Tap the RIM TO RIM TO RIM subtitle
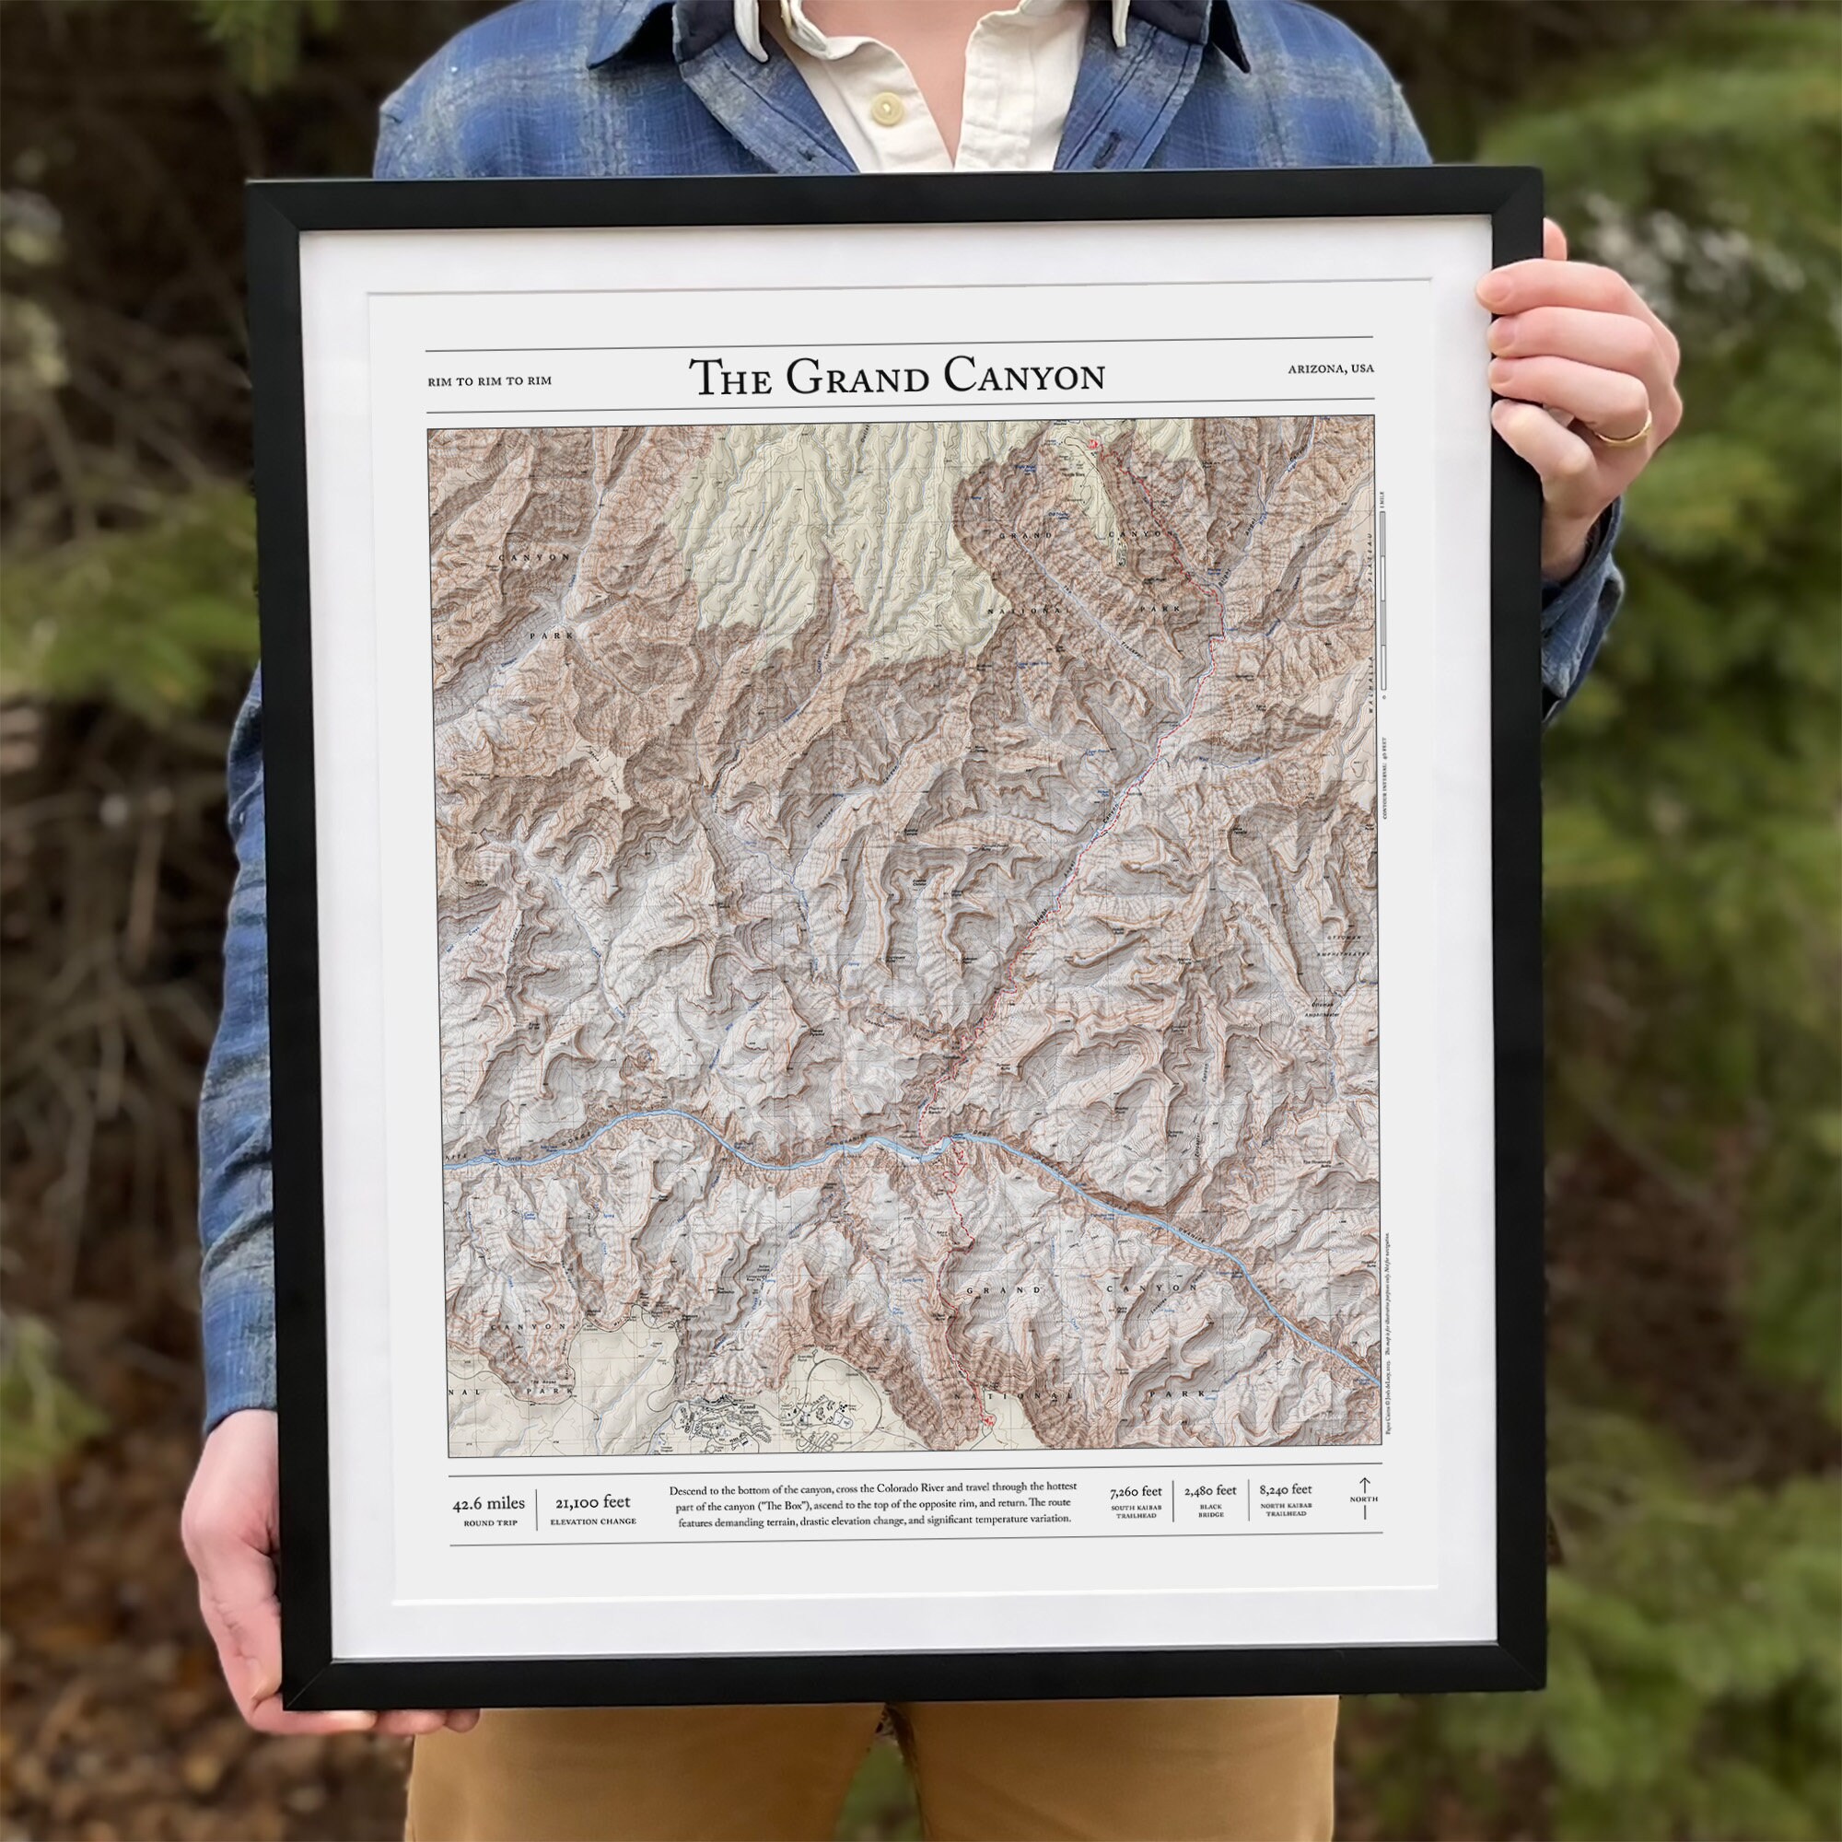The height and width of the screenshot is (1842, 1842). click(490, 381)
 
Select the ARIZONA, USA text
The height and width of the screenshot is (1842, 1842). click(1330, 369)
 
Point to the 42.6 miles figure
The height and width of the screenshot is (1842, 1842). click(488, 1504)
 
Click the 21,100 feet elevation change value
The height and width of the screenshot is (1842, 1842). click(592, 1502)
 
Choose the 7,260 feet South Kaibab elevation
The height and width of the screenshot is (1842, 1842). click(1136, 1491)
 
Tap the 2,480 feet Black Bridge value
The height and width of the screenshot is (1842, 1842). click(1210, 1491)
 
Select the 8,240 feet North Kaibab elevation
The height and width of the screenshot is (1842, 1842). click(1284, 1489)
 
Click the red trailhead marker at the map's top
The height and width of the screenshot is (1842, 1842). click(1095, 445)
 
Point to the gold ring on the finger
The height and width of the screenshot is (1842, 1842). click(1623, 436)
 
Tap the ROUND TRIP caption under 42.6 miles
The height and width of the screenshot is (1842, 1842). click(490, 1523)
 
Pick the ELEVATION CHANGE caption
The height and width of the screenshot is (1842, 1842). click(593, 1521)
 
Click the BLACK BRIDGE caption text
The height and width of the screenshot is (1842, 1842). click(1210, 1512)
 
